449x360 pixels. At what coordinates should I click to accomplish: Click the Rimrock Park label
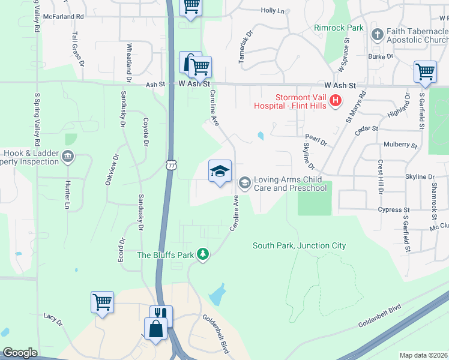pyautogui.click(x=339, y=28)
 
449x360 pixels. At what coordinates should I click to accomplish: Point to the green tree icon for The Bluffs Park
pyautogui.click(x=203, y=255)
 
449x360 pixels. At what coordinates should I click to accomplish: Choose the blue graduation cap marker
pyautogui.click(x=220, y=172)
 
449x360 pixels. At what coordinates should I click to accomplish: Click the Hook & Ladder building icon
pyautogui.click(x=68, y=158)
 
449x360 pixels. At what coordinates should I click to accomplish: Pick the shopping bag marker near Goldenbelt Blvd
pyautogui.click(x=156, y=329)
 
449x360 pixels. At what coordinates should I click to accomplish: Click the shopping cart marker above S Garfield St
pyautogui.click(x=425, y=72)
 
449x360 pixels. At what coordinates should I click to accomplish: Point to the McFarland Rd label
pyautogui.click(x=63, y=17)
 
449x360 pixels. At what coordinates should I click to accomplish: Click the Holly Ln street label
pyautogui.click(x=273, y=11)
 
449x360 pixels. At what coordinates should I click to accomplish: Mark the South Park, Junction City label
pyautogui.click(x=299, y=245)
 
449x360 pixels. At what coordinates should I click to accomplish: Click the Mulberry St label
pyautogui.click(x=400, y=145)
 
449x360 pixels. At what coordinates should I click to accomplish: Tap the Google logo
pyautogui.click(x=20, y=353)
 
